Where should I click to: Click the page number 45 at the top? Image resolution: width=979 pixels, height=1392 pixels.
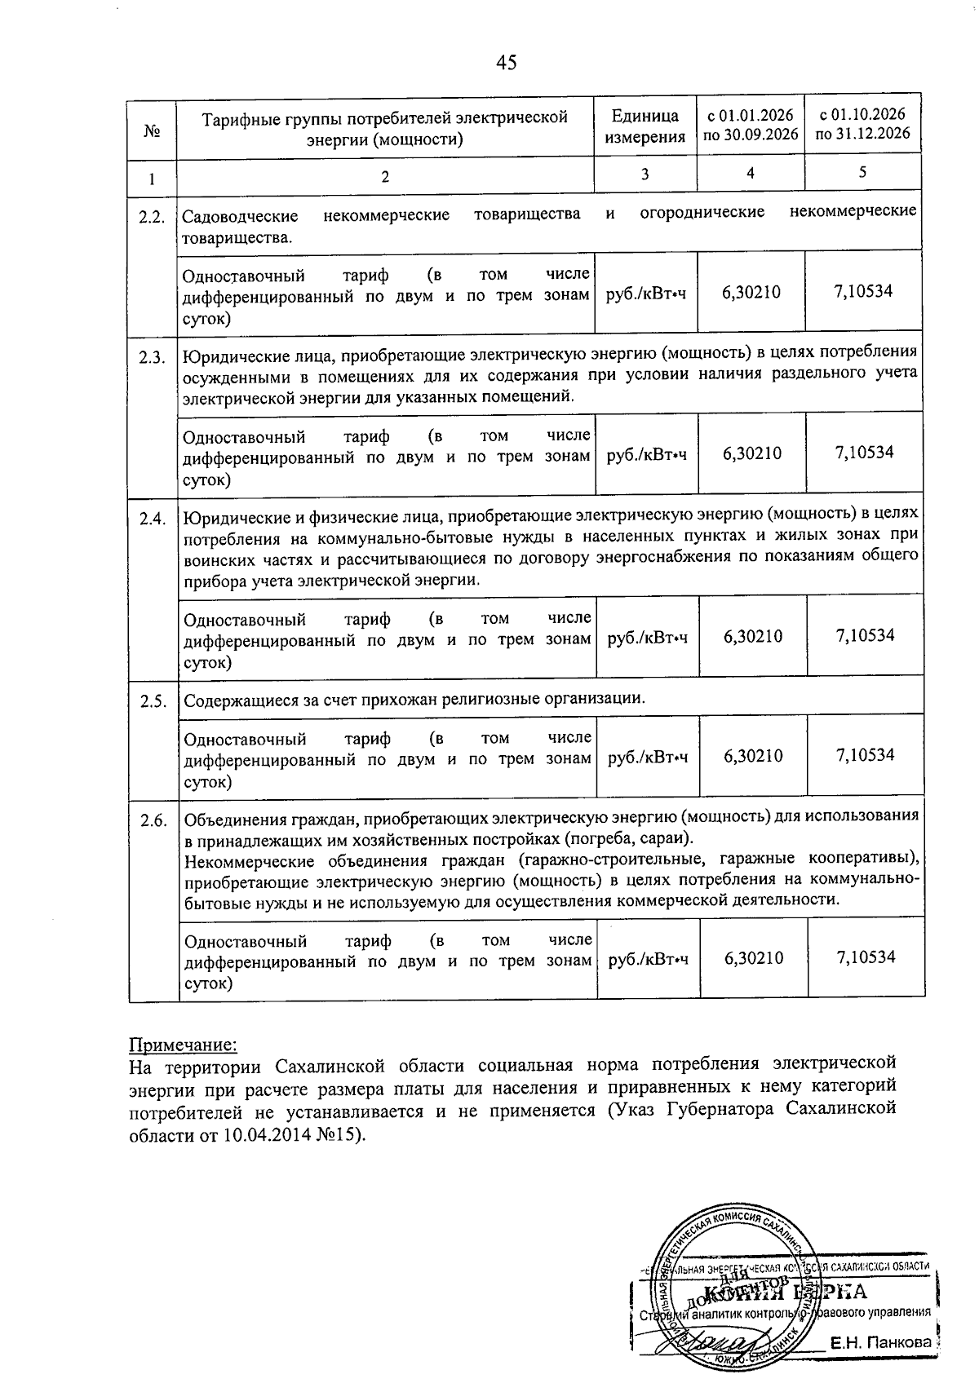[506, 63]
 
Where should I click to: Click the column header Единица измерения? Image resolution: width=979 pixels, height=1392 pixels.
[645, 127]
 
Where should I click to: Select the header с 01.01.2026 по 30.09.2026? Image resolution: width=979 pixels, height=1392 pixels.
[750, 125]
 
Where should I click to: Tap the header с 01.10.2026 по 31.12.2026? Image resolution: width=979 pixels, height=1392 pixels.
[862, 124]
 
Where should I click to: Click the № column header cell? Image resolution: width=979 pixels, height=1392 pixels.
[151, 130]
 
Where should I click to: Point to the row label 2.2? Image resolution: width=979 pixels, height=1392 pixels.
[152, 217]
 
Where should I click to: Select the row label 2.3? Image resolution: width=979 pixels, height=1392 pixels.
[152, 357]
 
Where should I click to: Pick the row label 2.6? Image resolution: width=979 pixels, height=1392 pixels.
[153, 820]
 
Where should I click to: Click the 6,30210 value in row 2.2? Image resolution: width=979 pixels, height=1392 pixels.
[751, 292]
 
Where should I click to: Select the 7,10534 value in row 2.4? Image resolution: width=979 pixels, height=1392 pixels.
[865, 635]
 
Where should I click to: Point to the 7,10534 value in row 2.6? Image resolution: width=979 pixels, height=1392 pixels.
[866, 957]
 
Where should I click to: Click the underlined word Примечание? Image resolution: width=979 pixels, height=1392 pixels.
[184, 1045]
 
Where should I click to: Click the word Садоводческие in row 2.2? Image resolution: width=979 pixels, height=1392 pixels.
[239, 215]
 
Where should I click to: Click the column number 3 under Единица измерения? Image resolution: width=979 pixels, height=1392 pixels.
[645, 174]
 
